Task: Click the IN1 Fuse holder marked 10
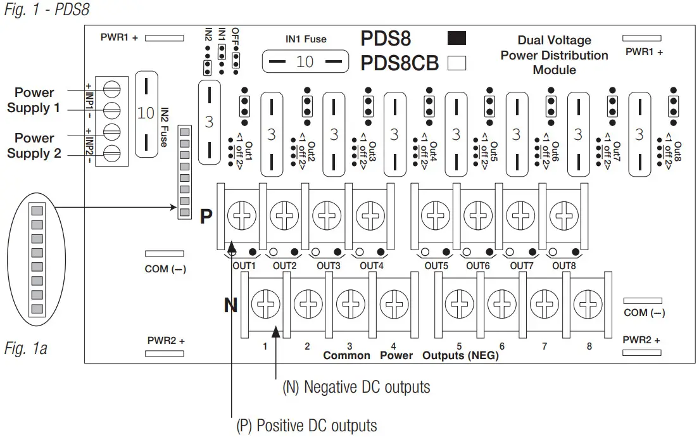[305, 62]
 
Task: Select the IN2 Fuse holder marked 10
[146, 113]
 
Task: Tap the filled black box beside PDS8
[457, 39]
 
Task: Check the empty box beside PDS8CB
[457, 63]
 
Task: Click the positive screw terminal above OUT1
[239, 216]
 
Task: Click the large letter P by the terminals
[206, 217]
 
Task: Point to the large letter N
[231, 307]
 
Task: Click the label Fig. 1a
[26, 348]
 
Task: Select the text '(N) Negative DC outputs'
[356, 388]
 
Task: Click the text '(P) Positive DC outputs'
[306, 426]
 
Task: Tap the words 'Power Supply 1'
[34, 100]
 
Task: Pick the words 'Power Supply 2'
[34, 146]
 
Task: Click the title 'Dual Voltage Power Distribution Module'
[554, 55]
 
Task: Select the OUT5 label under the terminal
[436, 266]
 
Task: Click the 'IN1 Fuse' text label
[306, 39]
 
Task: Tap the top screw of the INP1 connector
[111, 87]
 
